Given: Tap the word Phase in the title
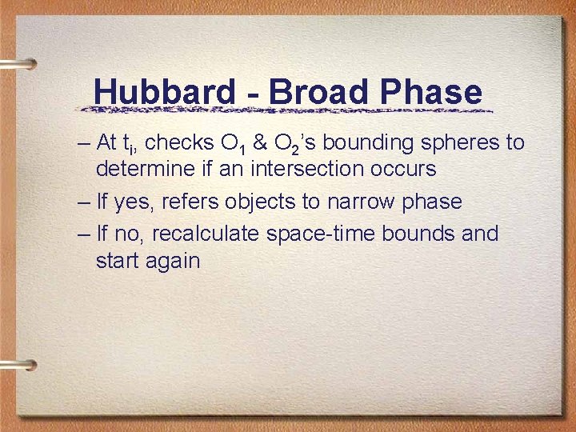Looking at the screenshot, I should click(433, 92).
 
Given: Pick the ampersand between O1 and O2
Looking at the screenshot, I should click(261, 143).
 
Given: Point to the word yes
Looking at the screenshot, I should click(131, 202).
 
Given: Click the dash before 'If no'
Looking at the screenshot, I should click(85, 234).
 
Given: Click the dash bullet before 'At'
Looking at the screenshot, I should click(85, 144).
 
